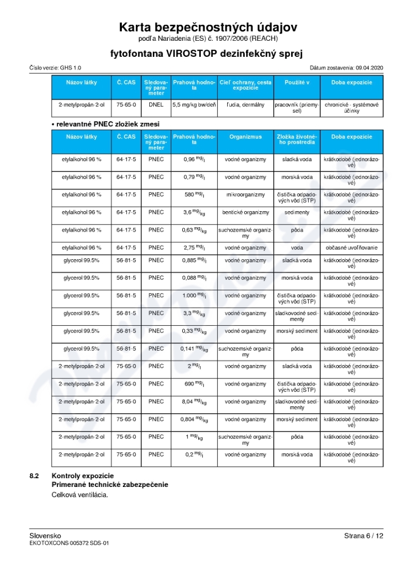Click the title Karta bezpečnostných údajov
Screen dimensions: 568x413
click(208, 27)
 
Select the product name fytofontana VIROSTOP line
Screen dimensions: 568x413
click(206, 54)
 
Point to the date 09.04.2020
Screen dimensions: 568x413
click(369, 68)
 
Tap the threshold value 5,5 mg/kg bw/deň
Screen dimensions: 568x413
click(194, 104)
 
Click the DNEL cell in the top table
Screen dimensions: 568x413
click(155, 104)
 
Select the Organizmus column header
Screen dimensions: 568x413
click(245, 137)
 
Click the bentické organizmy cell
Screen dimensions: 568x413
click(245, 212)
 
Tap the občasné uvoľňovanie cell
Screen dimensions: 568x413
click(351, 247)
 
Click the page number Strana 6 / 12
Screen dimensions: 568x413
click(363, 536)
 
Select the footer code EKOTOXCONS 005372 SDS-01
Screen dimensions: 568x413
click(69, 543)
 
